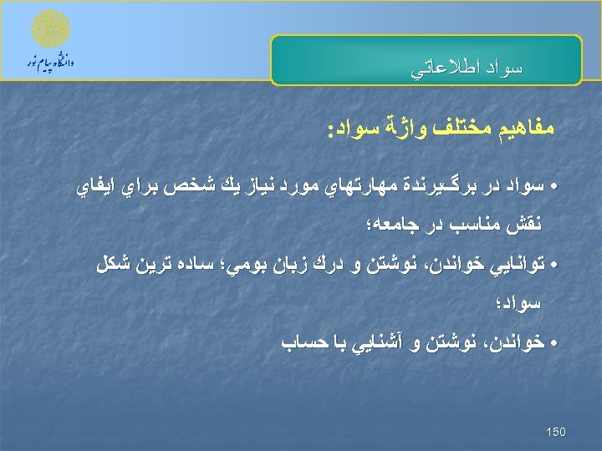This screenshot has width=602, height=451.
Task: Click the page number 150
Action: [555, 431]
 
